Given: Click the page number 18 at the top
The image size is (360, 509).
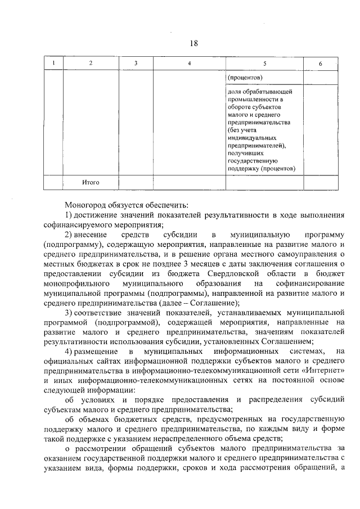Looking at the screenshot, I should click(x=193, y=43).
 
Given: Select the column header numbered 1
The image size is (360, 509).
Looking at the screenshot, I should click(x=54, y=64).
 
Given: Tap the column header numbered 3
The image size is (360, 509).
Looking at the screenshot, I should click(x=136, y=64).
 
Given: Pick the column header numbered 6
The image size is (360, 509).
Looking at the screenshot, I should click(x=321, y=64).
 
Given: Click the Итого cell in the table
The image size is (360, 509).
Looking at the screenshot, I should click(x=91, y=182).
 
